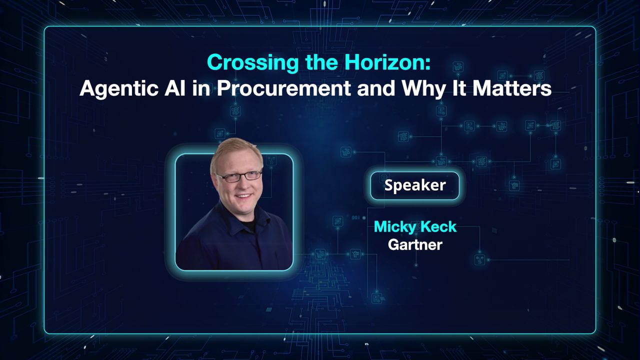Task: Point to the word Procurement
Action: coord(283,88)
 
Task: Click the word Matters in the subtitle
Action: coord(512,88)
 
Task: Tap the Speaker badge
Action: coord(415,185)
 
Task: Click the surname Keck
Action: coord(439,227)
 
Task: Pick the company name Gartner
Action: coord(415,244)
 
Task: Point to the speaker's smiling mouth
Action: coord(243,196)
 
